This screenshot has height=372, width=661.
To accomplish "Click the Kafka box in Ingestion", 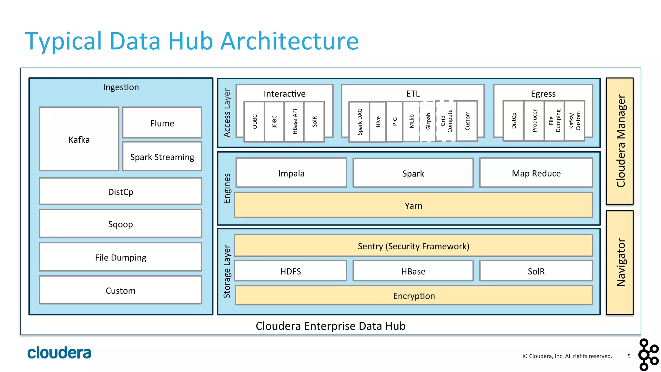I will click(79, 139).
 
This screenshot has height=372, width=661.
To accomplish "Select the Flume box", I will click(162, 123).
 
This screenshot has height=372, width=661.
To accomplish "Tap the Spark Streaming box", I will click(162, 157).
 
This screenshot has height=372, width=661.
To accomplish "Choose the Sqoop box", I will click(120, 224).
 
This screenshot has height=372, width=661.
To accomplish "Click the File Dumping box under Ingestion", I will click(120, 257).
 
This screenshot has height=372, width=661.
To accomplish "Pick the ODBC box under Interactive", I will click(255, 122).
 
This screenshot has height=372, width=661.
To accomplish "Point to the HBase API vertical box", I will click(294, 122).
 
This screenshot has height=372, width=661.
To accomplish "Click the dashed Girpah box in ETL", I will click(428, 122).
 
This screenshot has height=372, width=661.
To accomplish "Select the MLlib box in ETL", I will click(412, 122).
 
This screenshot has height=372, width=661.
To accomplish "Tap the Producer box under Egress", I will click(534, 121).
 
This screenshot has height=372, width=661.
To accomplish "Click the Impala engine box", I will click(291, 173).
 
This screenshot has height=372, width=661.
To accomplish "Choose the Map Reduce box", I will click(536, 173).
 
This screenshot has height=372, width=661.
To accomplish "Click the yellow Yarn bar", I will click(413, 205).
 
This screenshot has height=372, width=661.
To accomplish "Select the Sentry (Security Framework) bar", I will click(413, 246).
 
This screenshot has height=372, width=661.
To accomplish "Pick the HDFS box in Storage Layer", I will click(290, 271).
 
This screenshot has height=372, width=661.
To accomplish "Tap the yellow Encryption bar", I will click(414, 296).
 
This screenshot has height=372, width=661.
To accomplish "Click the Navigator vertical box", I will click(620, 263).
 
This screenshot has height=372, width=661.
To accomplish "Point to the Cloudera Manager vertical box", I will click(620, 141).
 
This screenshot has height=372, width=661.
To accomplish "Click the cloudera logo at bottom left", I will click(59, 353).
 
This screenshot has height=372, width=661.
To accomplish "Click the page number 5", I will click(629, 356).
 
